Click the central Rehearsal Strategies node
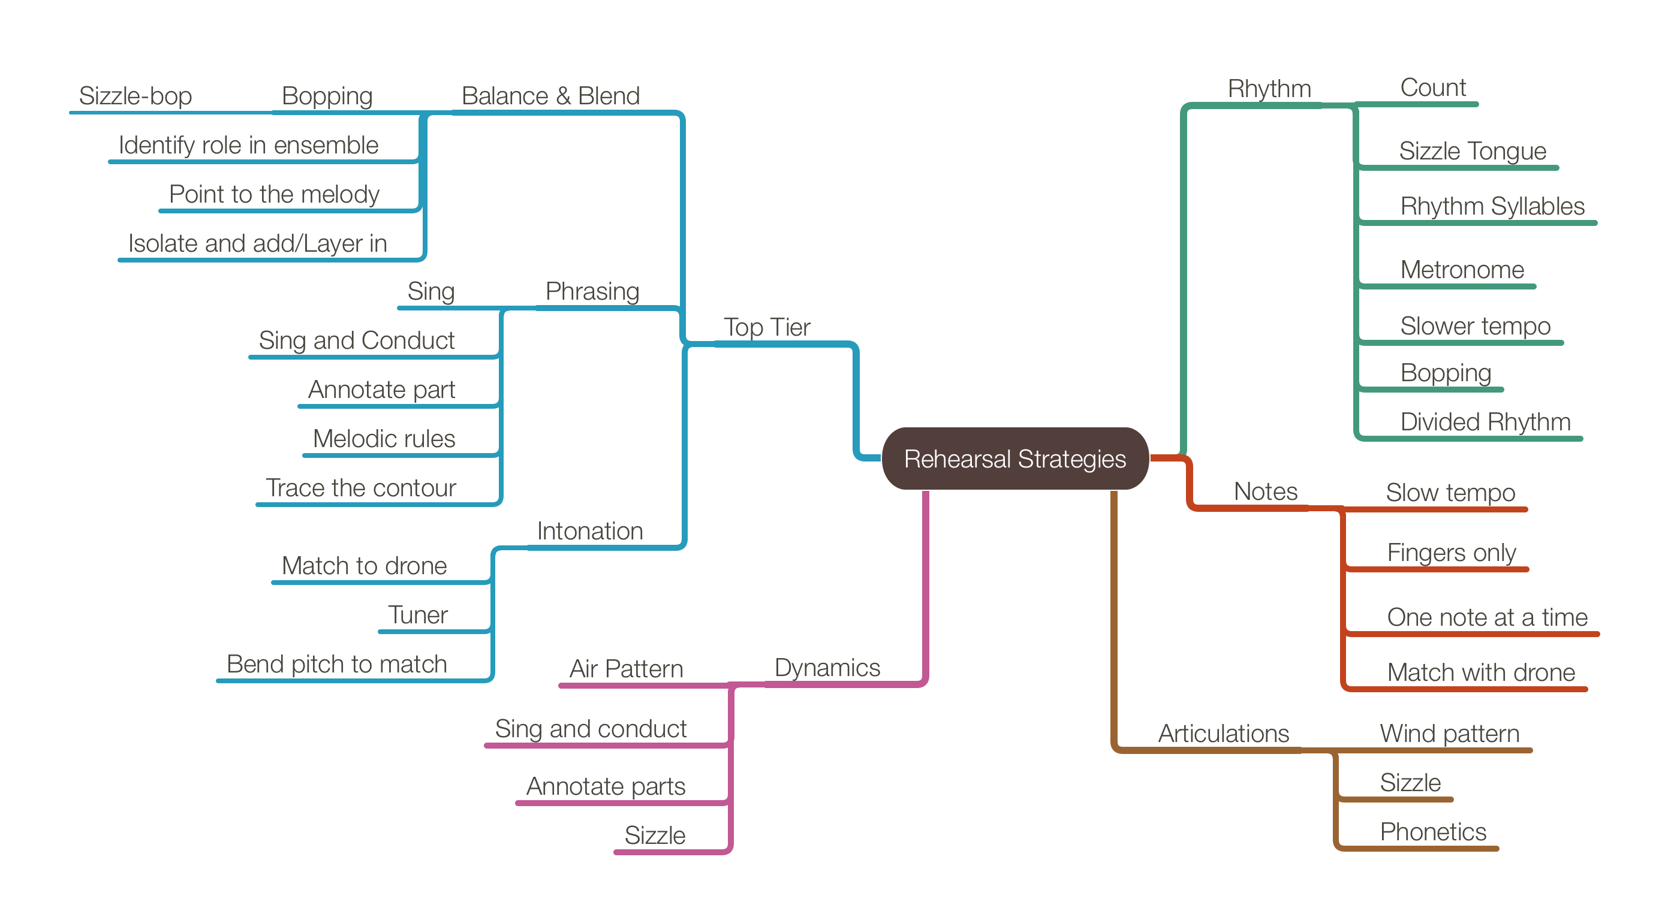click(x=1014, y=459)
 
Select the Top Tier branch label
click(x=767, y=327)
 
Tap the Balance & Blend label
click(x=550, y=96)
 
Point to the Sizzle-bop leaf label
click(x=136, y=96)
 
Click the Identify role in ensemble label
click(x=248, y=145)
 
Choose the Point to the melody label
click(x=274, y=194)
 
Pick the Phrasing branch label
click(x=592, y=291)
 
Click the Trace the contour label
click(x=361, y=488)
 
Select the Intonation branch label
click(x=590, y=532)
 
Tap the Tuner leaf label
click(x=418, y=615)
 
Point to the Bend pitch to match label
click(x=337, y=664)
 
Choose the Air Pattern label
click(x=626, y=669)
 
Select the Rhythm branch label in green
click(x=1269, y=89)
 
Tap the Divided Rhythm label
click(x=1485, y=422)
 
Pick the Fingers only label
click(x=1451, y=553)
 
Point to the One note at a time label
click(x=1487, y=617)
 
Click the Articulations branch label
click(x=1223, y=734)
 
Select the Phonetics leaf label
click(x=1433, y=832)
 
